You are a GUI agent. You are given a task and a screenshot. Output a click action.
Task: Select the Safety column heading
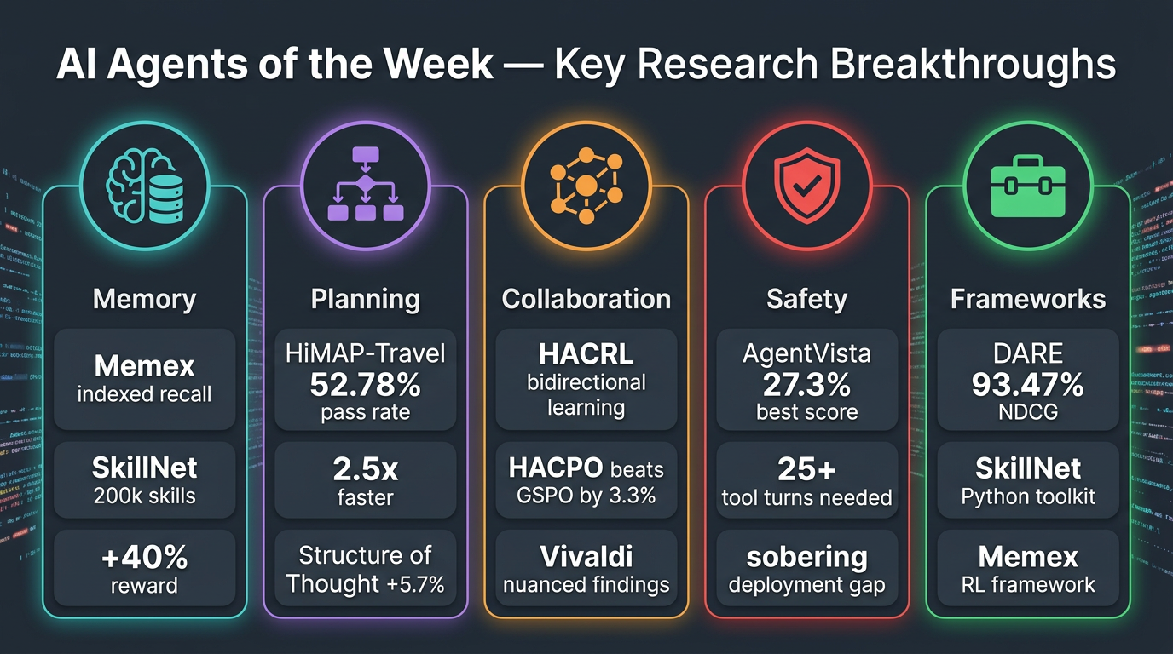pos(806,299)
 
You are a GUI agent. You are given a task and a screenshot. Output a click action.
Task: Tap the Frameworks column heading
pos(1027,299)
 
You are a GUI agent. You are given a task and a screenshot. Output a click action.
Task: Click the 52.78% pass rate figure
pos(365,385)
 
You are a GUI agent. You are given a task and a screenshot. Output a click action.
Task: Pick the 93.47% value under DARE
pos(1027,385)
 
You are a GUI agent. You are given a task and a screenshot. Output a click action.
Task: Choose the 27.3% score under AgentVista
pos(806,385)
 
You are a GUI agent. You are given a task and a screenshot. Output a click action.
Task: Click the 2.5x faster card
pos(365,480)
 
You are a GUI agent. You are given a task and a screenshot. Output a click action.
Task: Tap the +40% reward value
pos(144,559)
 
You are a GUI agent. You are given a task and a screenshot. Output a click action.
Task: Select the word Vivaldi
pos(586,557)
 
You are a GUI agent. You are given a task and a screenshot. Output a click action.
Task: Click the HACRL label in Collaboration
pos(586,355)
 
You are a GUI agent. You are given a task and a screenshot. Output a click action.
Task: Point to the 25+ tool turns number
pos(806,469)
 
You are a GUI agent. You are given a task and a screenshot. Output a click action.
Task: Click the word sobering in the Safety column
pos(806,558)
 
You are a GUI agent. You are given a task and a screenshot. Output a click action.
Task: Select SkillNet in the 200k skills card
pos(144,468)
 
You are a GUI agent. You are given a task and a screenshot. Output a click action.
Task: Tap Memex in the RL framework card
pos(1027,557)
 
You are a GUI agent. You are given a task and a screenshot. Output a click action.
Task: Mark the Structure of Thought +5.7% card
pos(365,570)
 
